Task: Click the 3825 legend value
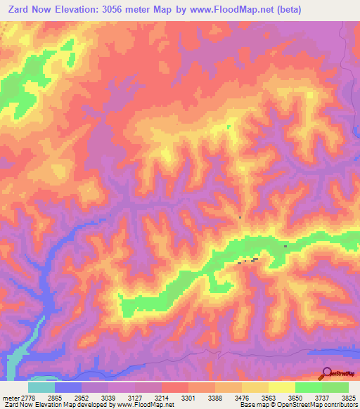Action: pos(349,397)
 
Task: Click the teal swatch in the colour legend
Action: pos(41,387)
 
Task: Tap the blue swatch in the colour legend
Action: pos(68,387)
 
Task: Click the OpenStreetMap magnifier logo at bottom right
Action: pos(328,373)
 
